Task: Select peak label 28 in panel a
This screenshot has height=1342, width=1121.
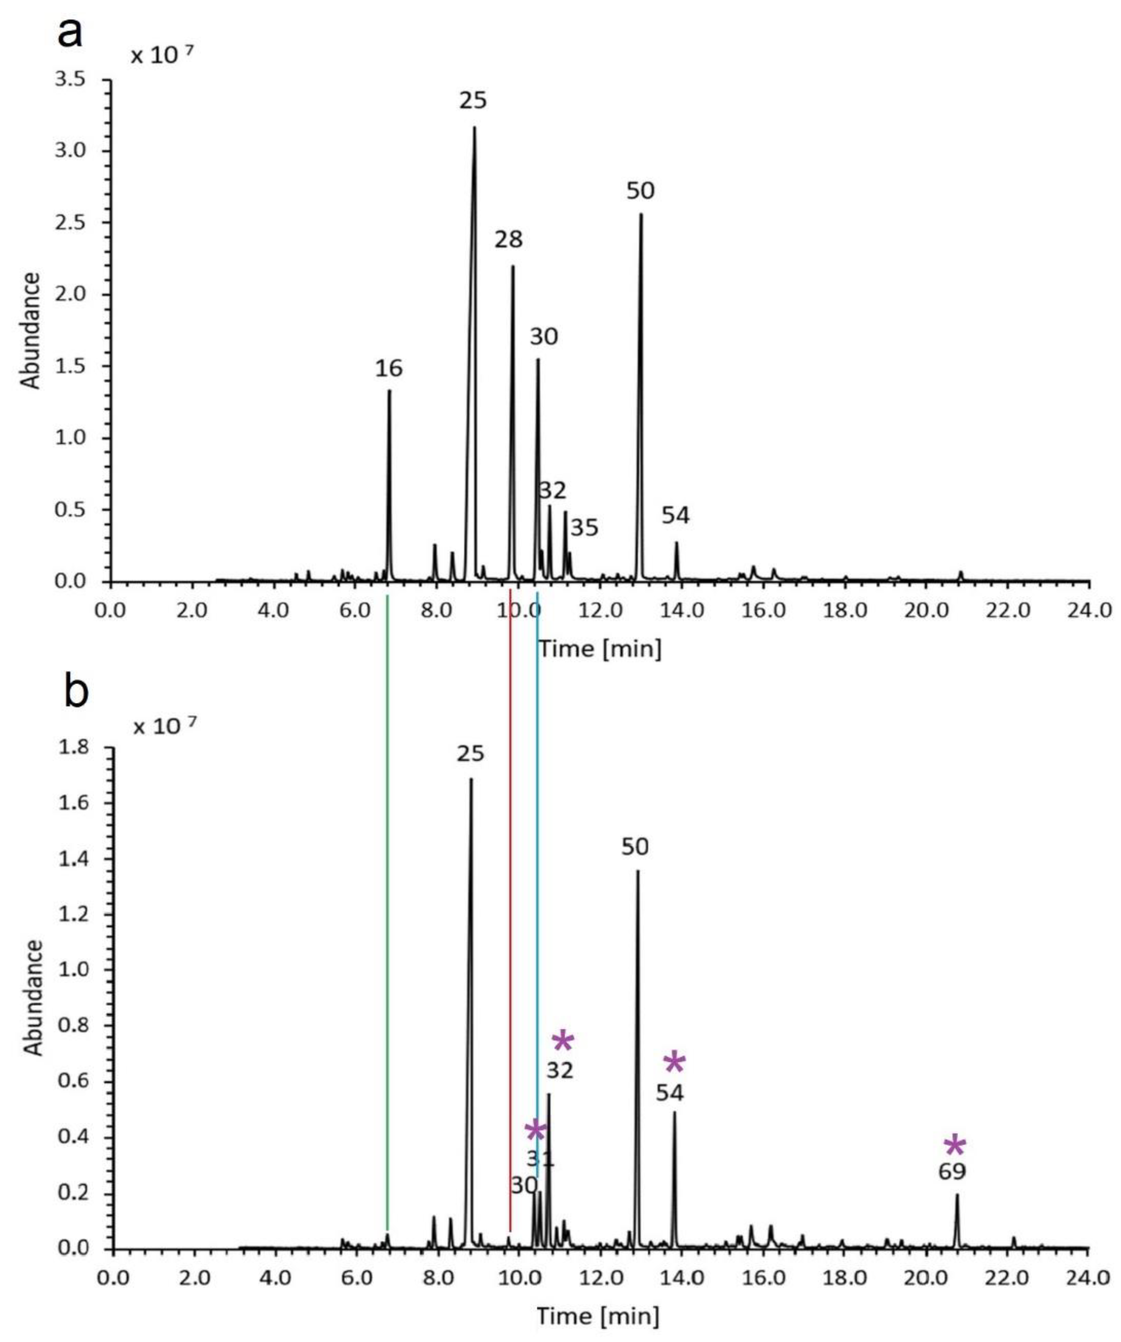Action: click(x=508, y=240)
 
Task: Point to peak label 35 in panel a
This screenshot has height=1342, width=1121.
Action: click(x=584, y=528)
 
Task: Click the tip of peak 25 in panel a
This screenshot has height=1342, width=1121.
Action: click(x=474, y=128)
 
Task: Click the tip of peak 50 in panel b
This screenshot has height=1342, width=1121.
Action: click(x=637, y=871)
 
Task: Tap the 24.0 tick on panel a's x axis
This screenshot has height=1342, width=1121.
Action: click(x=1089, y=610)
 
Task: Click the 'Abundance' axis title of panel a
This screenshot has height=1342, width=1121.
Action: click(x=31, y=331)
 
